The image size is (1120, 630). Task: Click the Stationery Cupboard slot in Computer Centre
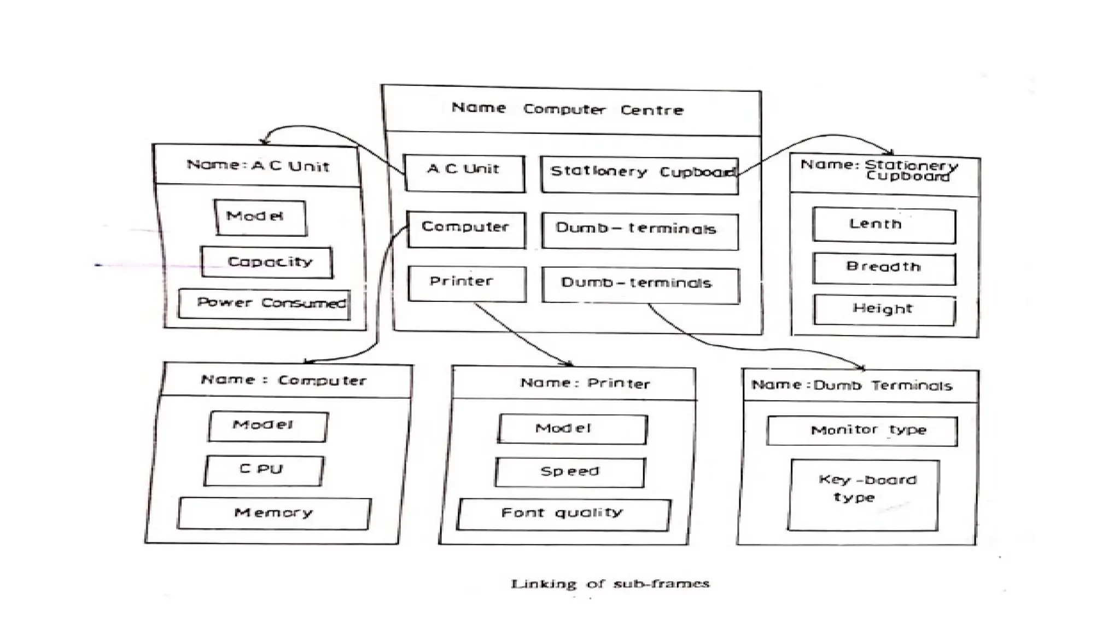[x=639, y=174]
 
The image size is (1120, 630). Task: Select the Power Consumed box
[x=265, y=304]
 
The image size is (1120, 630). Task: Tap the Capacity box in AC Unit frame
[x=267, y=262]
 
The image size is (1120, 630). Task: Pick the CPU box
[x=264, y=470]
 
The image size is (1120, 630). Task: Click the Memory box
[x=274, y=513]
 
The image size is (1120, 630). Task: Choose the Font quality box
[x=563, y=514]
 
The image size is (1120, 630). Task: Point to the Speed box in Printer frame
[x=570, y=472]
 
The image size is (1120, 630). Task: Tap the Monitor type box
[x=862, y=430]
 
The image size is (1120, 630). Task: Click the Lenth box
[x=884, y=225]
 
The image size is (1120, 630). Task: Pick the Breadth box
[x=884, y=268]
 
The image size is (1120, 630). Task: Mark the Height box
[x=884, y=310]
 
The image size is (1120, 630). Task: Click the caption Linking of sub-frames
[x=610, y=584]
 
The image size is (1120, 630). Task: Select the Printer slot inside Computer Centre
[x=466, y=283]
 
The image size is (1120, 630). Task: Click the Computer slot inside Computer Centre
[x=466, y=229]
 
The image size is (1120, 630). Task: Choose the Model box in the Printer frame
[x=572, y=429]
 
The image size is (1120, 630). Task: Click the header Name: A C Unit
[x=258, y=166]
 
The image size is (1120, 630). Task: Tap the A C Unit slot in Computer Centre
[x=464, y=172]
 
